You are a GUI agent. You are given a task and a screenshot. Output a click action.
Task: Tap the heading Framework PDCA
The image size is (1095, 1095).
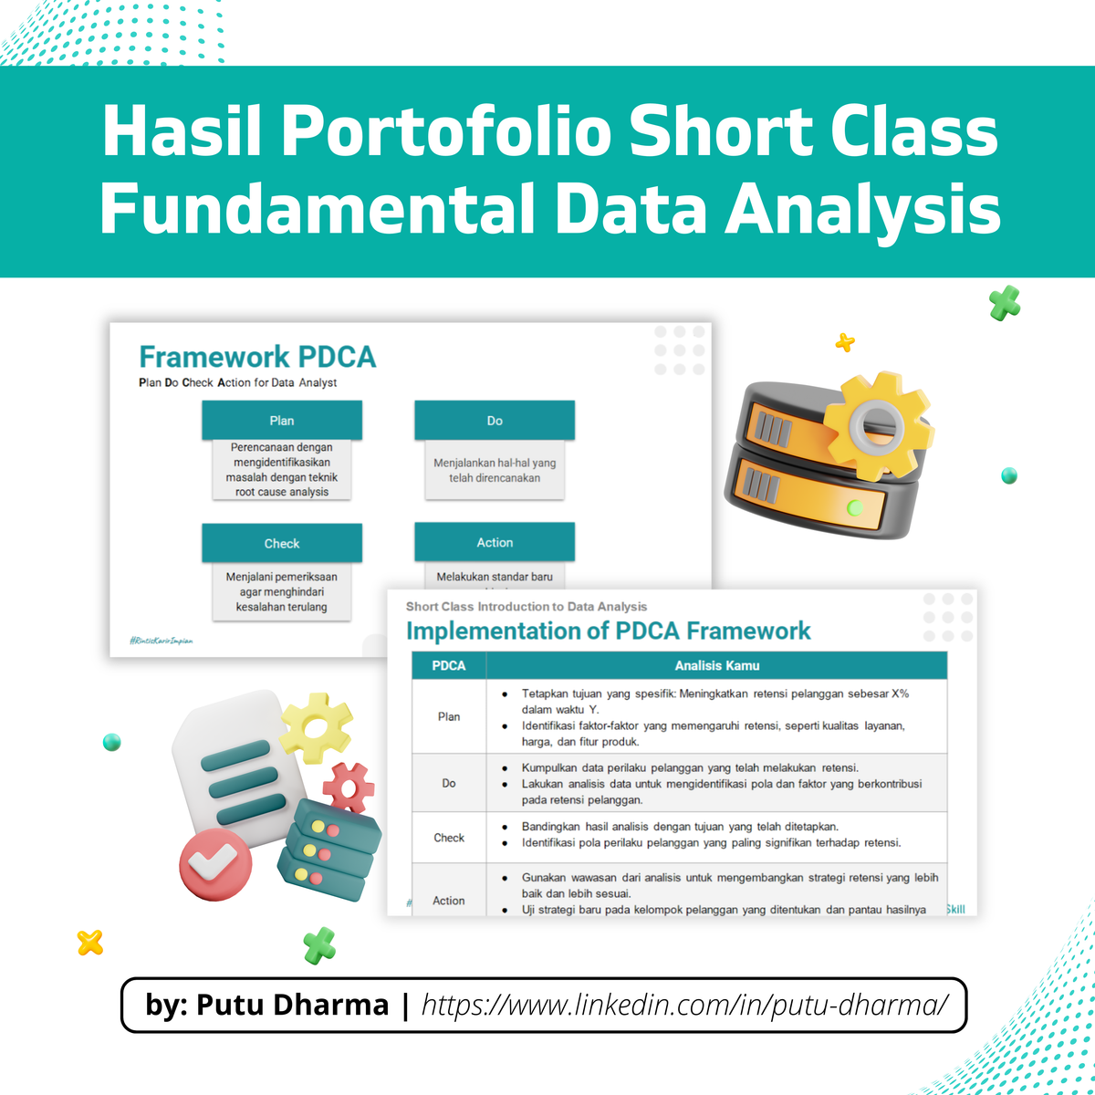point(257,357)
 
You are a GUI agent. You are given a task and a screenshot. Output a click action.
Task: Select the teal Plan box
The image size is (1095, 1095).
point(282,421)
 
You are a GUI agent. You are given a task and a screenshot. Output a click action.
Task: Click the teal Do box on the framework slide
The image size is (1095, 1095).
point(495,421)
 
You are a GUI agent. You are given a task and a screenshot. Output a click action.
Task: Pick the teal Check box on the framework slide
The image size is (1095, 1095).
point(282,543)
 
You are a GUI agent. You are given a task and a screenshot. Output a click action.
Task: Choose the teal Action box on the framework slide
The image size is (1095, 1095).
point(495,542)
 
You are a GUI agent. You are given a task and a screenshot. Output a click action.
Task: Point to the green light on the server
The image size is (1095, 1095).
point(855,506)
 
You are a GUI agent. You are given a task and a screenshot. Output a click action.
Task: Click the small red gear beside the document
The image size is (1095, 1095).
point(349,787)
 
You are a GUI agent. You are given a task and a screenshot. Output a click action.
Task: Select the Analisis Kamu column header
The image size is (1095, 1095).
point(716,665)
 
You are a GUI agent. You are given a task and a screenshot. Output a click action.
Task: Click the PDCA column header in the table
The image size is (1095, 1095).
point(449,665)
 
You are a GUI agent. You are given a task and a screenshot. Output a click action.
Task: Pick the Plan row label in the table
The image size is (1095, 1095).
point(449,716)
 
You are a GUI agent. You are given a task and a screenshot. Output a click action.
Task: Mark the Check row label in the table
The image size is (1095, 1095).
point(449,837)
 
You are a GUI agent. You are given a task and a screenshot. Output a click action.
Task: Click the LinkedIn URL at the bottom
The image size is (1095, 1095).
point(684,1005)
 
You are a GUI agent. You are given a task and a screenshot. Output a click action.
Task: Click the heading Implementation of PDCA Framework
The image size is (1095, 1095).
point(608,631)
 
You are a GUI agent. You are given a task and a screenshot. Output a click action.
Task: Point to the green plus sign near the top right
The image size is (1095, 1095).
point(1005,303)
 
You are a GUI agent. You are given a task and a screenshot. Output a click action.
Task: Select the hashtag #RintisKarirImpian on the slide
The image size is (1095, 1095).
point(162,641)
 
